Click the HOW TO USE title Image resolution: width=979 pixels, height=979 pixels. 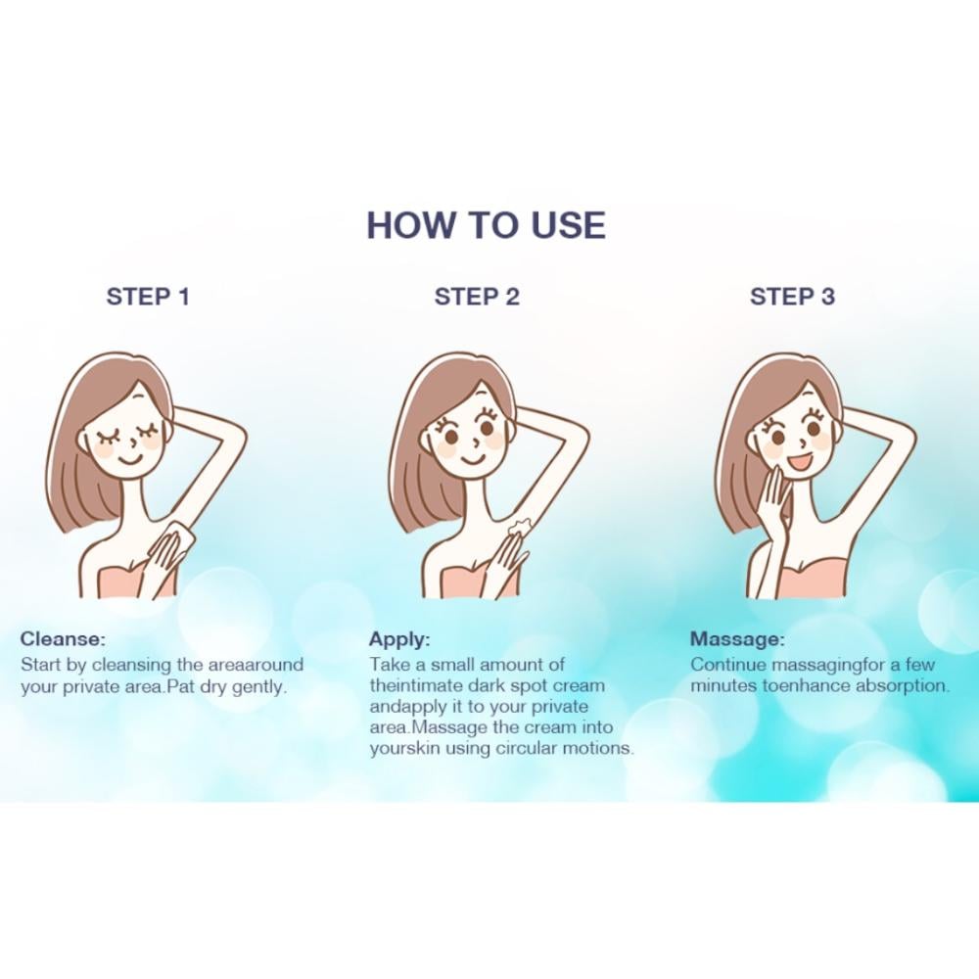point(486,225)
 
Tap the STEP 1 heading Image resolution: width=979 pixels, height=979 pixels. point(148,297)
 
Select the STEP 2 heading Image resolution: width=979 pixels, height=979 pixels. point(477,297)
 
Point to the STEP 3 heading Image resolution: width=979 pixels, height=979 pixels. point(792,297)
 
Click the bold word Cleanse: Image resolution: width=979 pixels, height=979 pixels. point(63,638)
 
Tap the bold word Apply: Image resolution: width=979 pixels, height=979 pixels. point(400,639)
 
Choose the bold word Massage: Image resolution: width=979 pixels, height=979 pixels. point(737,639)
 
